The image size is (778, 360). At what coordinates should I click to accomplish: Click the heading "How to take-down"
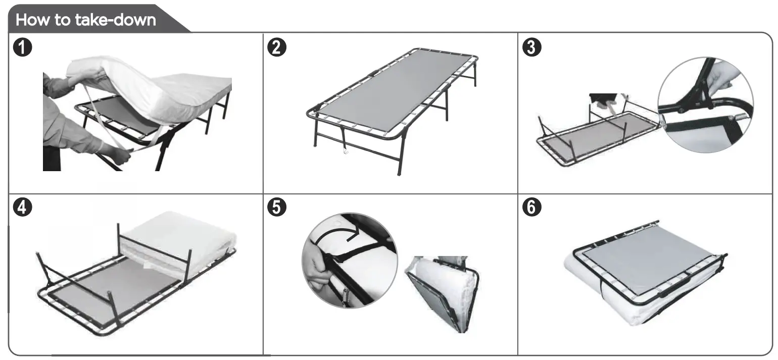[86, 20]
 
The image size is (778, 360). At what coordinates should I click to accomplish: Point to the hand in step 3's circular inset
[725, 76]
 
